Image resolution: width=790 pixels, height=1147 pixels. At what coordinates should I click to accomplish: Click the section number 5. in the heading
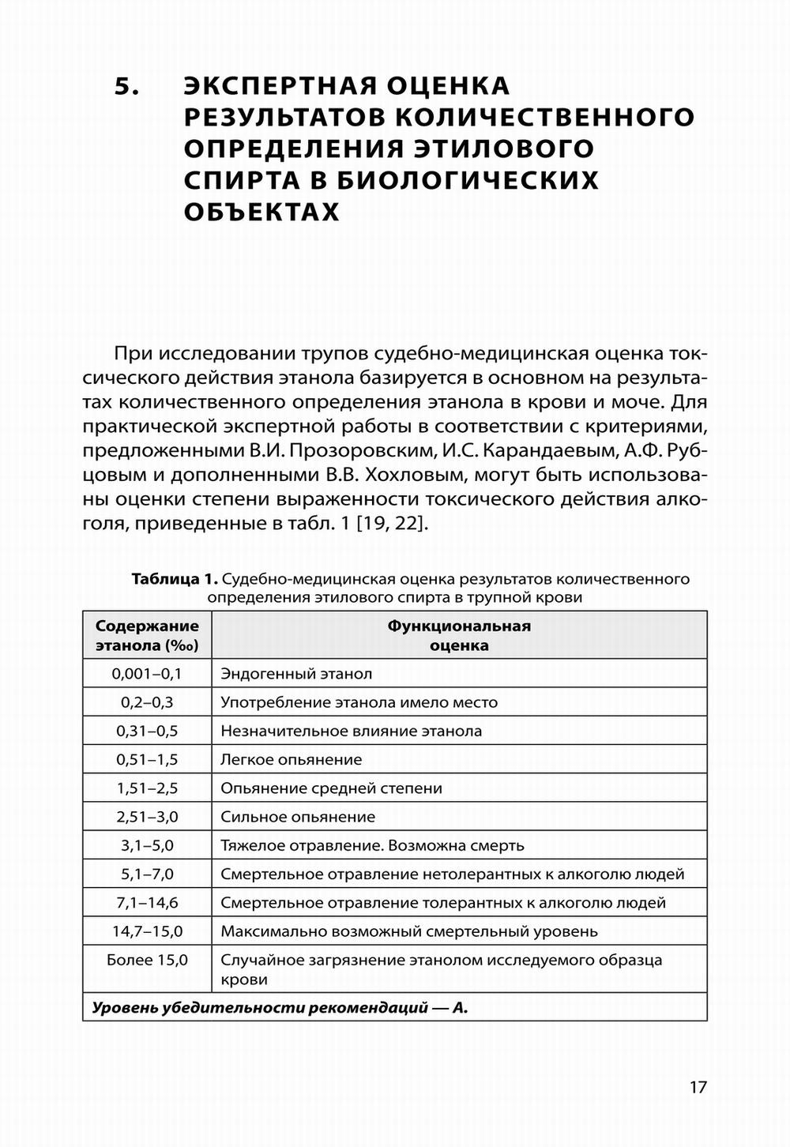(127, 86)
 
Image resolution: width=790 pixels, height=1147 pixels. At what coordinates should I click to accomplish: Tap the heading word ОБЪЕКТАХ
(261, 212)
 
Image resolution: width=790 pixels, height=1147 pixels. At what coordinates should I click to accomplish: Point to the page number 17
(698, 1087)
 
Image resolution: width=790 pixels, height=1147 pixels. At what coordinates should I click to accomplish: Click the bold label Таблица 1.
(175, 579)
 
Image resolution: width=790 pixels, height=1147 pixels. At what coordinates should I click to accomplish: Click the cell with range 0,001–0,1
(147, 674)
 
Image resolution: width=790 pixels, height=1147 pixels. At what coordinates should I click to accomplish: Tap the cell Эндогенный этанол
(296, 674)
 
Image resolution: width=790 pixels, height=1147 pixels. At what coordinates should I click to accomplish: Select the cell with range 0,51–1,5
(147, 760)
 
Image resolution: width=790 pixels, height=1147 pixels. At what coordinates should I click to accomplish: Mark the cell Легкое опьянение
(292, 760)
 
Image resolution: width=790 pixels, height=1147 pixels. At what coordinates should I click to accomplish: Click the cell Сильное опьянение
(298, 817)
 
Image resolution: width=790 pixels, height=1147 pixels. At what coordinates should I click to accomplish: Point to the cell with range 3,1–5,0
(147, 845)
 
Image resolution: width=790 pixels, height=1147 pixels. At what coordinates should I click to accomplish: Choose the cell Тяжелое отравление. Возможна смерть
(372, 845)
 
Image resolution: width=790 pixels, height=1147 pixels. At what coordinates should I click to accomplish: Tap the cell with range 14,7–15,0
(147, 931)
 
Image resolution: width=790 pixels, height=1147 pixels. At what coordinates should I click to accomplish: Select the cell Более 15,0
(147, 961)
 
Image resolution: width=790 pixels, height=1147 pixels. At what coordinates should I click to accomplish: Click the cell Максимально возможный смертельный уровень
(409, 931)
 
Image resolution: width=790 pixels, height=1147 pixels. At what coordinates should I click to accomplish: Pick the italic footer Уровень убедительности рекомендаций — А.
(280, 1008)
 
